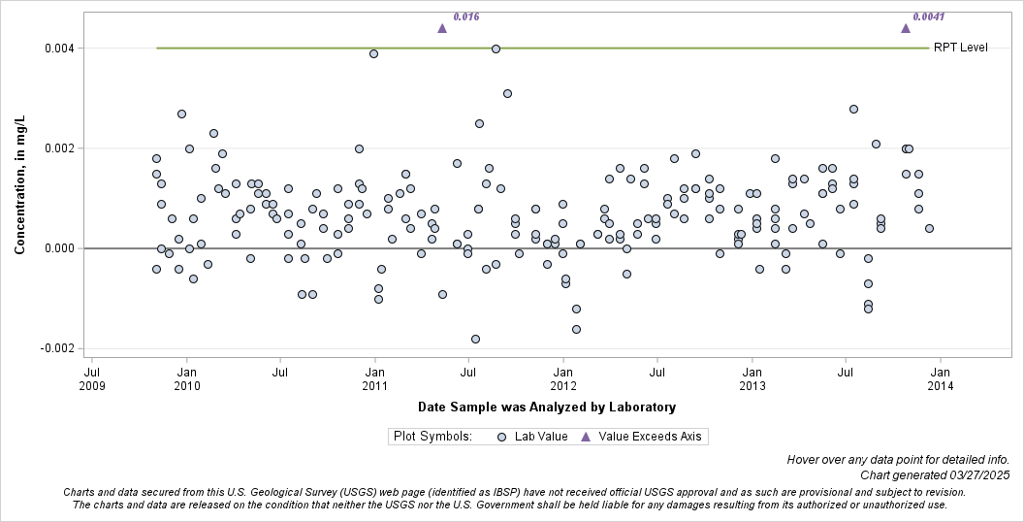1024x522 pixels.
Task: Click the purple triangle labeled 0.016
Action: (x=442, y=28)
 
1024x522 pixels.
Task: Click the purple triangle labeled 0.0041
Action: (x=906, y=28)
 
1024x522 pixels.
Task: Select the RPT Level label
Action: (x=960, y=49)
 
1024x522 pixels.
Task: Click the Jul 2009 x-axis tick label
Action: (x=92, y=378)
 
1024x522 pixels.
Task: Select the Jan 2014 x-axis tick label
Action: (x=940, y=378)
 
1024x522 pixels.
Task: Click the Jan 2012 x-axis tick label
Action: (x=563, y=378)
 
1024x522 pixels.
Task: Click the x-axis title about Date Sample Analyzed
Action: (x=547, y=407)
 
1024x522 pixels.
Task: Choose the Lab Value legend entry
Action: (x=533, y=437)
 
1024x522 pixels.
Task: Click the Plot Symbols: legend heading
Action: (x=432, y=437)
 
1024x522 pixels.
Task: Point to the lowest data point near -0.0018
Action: (x=475, y=339)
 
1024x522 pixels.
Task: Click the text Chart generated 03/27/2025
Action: (x=935, y=475)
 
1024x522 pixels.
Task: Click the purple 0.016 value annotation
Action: (x=466, y=16)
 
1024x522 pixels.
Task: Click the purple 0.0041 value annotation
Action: (x=928, y=16)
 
